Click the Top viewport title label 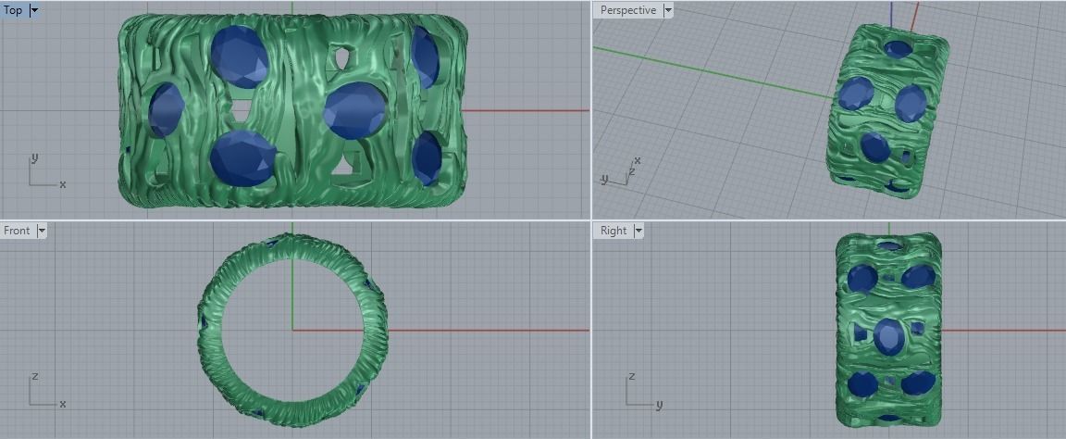pos(13,10)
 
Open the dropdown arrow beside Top pos(34,10)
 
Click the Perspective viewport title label pos(627,10)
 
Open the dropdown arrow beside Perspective pos(668,10)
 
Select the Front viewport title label pos(17,231)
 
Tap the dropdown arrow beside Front pos(41,231)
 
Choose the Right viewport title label pos(613,231)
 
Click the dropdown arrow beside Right pos(637,231)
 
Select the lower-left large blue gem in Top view pos(242,157)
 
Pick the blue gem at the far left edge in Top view pos(167,109)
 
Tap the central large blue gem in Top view pos(354,110)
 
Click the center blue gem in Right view pos(889,336)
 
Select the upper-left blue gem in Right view pos(862,277)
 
